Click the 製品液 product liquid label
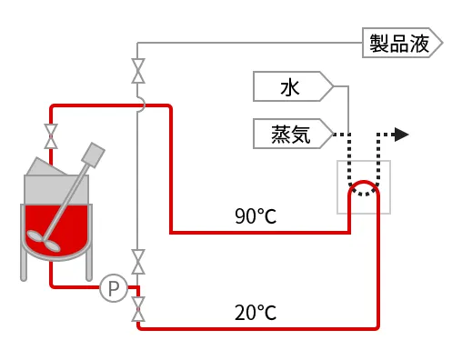(401, 43)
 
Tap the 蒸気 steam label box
(291, 135)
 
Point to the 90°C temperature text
(256, 216)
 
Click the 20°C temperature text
(256, 313)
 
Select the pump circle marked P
(114, 288)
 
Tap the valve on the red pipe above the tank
(52, 136)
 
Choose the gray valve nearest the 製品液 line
(138, 71)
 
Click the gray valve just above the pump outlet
(138, 262)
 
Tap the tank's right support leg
(89, 266)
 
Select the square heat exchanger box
(364, 186)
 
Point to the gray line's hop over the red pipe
(140, 106)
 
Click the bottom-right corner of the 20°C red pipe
(377, 327)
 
